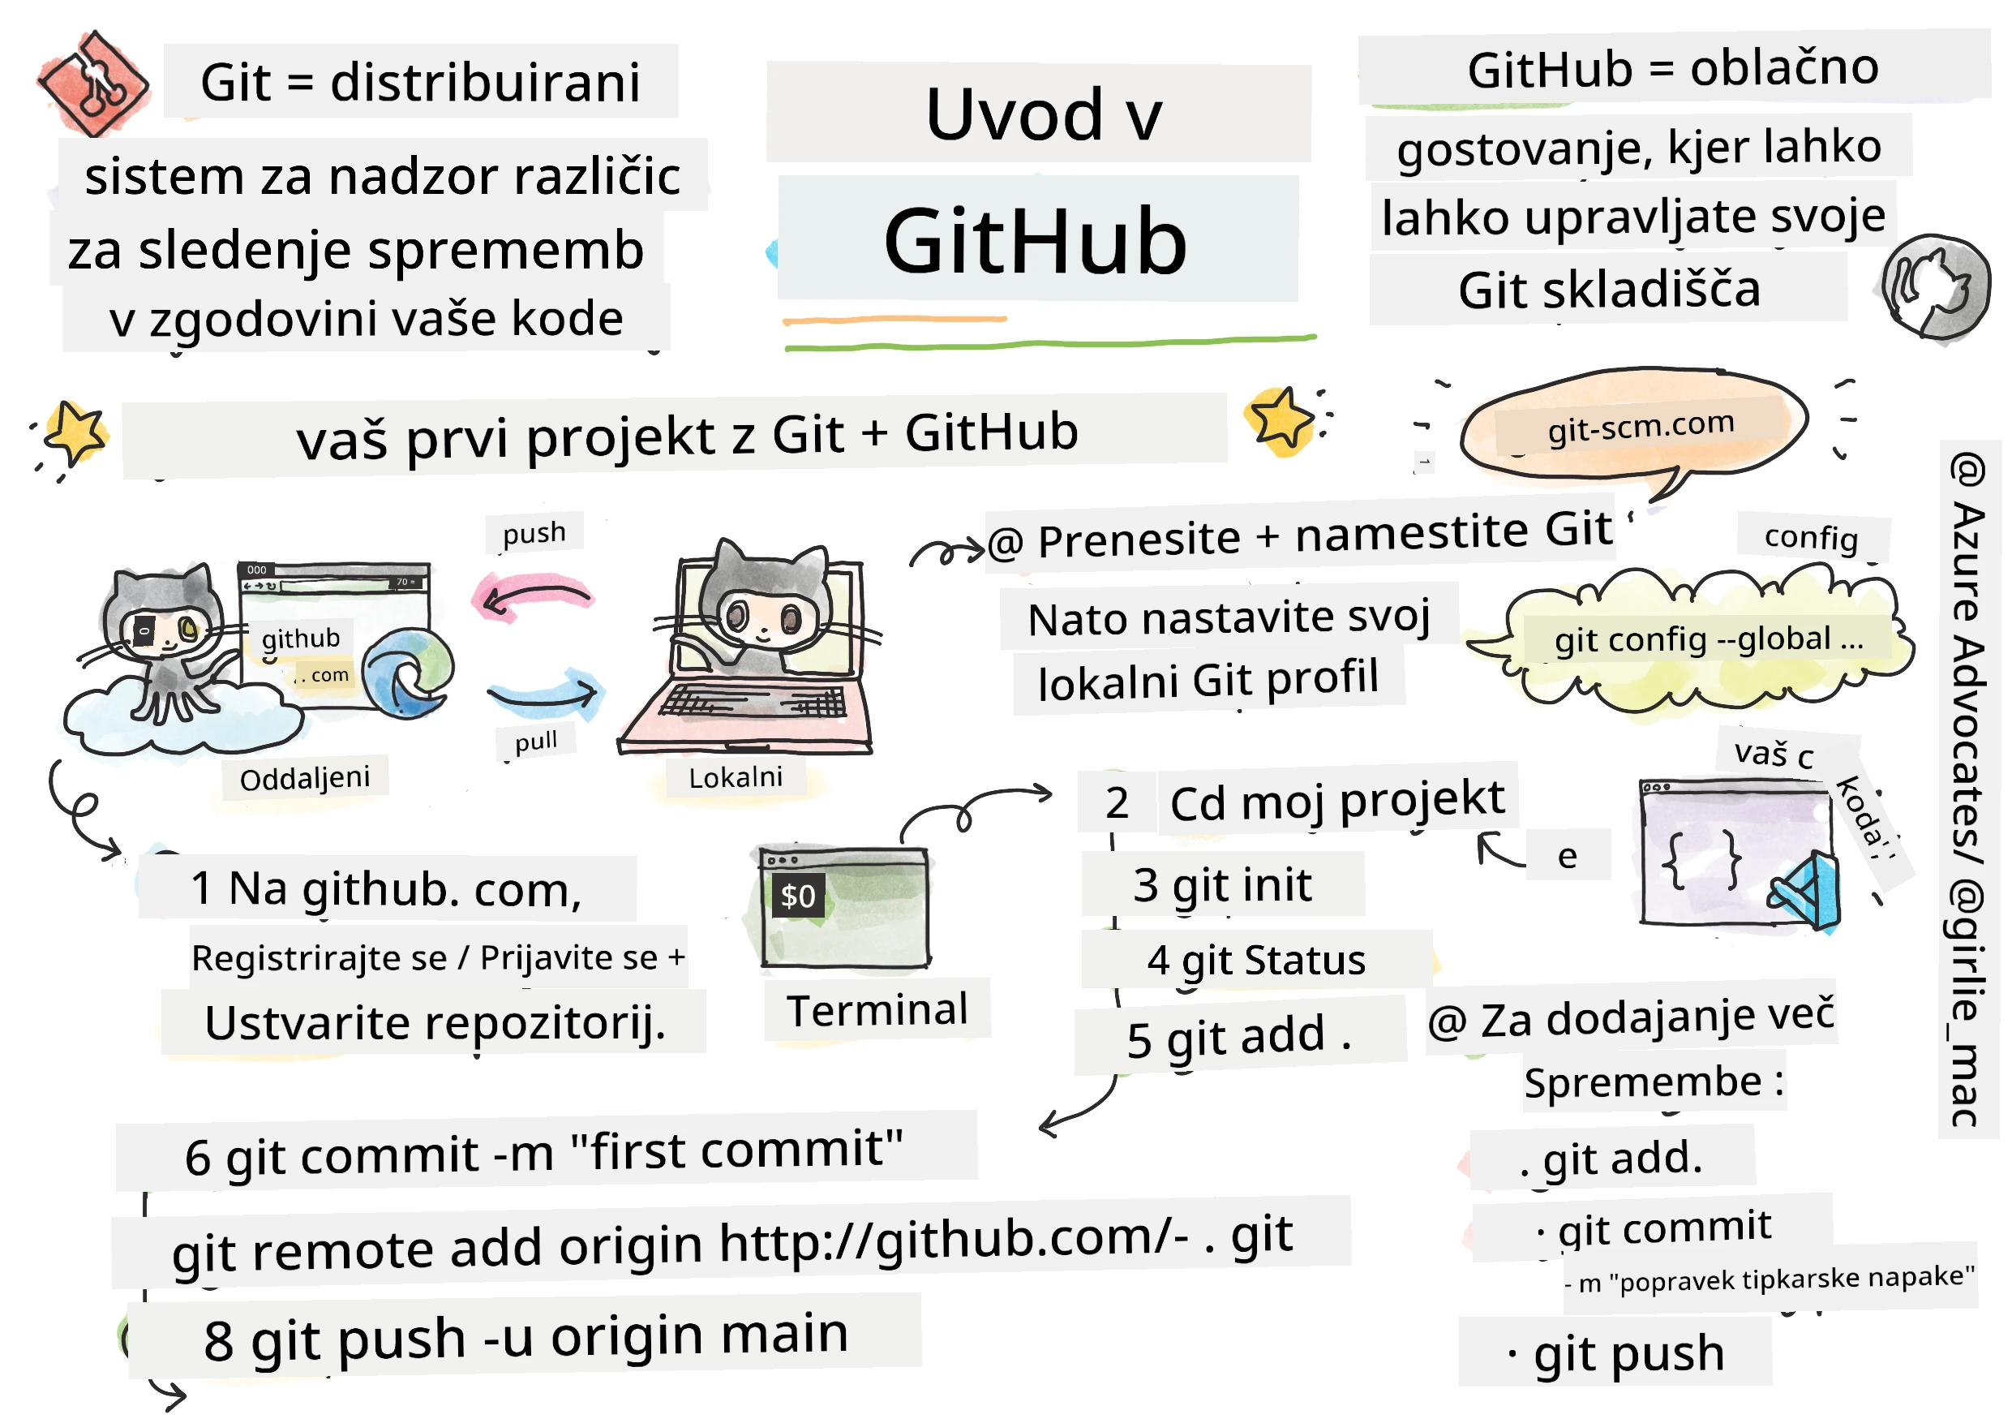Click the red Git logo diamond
click(x=93, y=84)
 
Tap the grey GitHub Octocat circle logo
click(x=1935, y=286)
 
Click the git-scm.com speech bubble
click(x=1635, y=428)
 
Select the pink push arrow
click(x=533, y=600)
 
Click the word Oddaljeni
click(x=305, y=778)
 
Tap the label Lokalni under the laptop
click(x=736, y=777)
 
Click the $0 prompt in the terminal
click(x=797, y=896)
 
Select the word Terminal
click(x=877, y=1011)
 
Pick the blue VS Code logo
click(x=1808, y=892)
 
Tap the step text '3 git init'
click(x=1223, y=885)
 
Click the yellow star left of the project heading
click(x=75, y=432)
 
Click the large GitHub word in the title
click(x=1036, y=241)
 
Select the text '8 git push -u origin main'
click(x=526, y=1339)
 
